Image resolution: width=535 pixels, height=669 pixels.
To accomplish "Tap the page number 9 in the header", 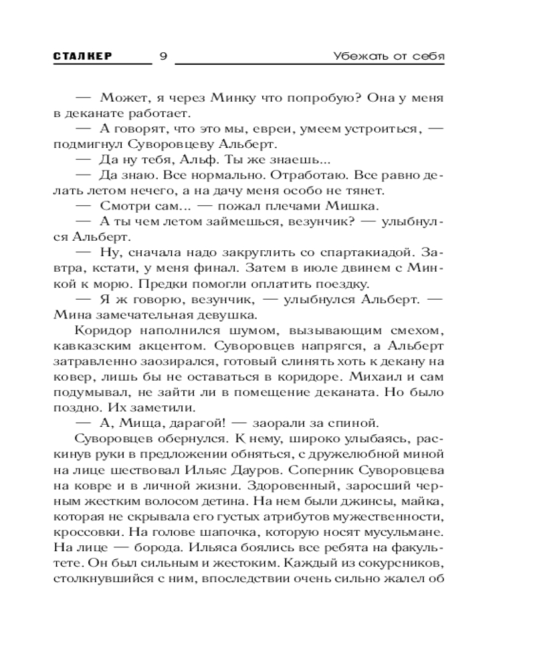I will (x=163, y=56).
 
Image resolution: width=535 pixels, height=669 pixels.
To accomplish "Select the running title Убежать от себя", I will (x=389, y=56).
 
